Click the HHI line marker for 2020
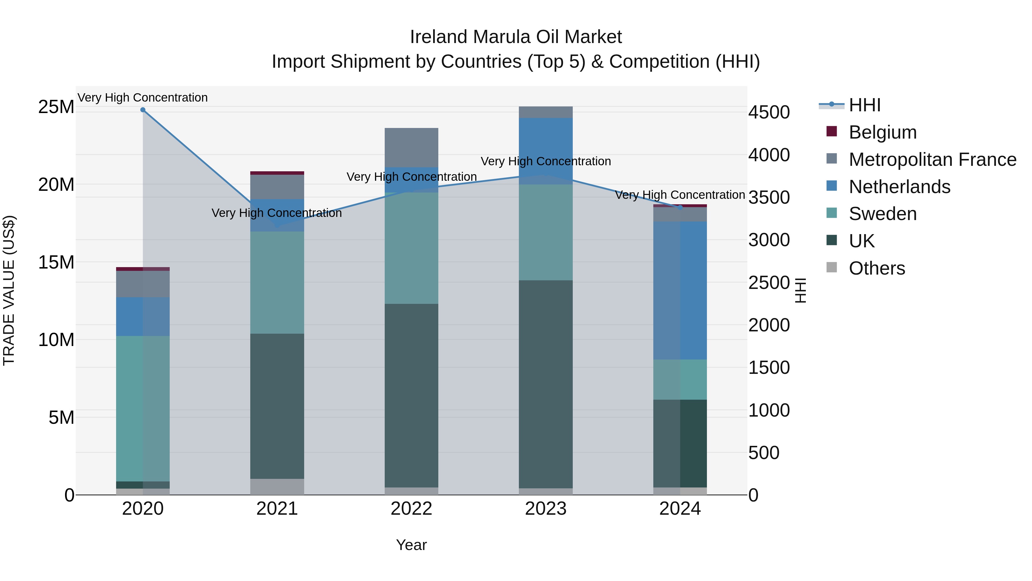(143, 110)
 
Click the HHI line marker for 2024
(680, 207)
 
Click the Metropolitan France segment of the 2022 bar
(411, 147)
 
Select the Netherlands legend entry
(899, 187)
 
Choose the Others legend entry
(877, 268)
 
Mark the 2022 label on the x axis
(411, 509)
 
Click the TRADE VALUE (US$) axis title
(9, 290)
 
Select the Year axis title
(411, 545)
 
